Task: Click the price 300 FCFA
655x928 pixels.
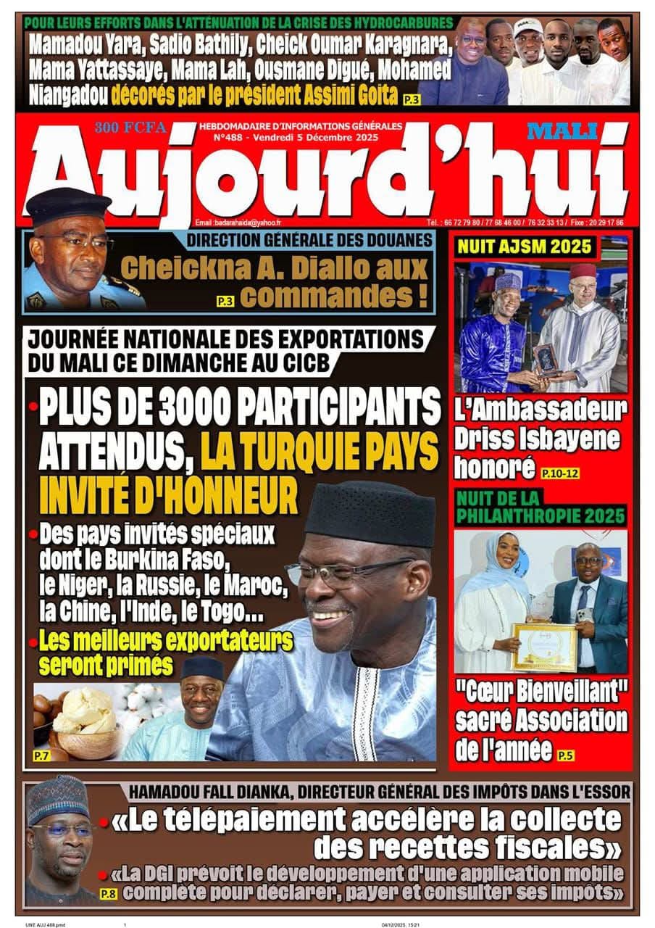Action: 130,128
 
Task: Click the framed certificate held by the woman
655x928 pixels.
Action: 544,645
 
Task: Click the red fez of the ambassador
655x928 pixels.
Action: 582,270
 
